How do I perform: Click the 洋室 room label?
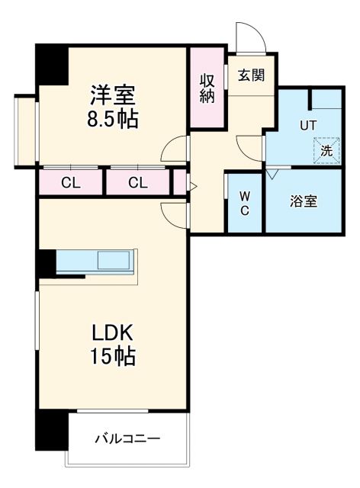click(114, 96)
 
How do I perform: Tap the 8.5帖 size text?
click(114, 120)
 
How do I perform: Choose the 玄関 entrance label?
click(250, 75)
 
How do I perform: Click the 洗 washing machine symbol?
click(326, 150)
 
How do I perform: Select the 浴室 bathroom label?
click(303, 201)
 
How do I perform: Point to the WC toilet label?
click(245, 204)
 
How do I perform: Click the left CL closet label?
click(70, 182)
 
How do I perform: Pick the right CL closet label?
click(137, 182)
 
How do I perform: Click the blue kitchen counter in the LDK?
click(95, 261)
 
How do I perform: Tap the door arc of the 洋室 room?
click(176, 149)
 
